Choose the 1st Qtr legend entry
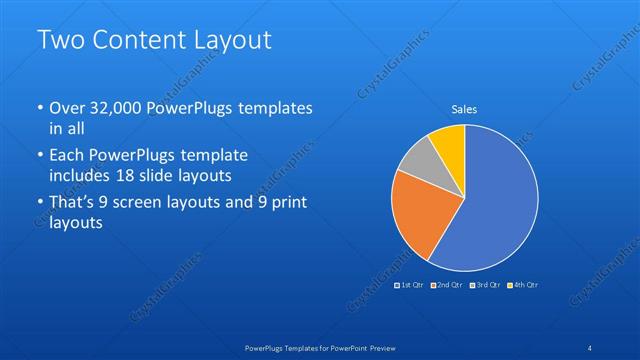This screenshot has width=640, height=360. (409, 285)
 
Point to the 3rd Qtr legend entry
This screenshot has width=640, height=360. (484, 285)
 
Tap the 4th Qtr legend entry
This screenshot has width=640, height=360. (523, 285)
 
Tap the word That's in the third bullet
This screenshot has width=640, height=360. (73, 203)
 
